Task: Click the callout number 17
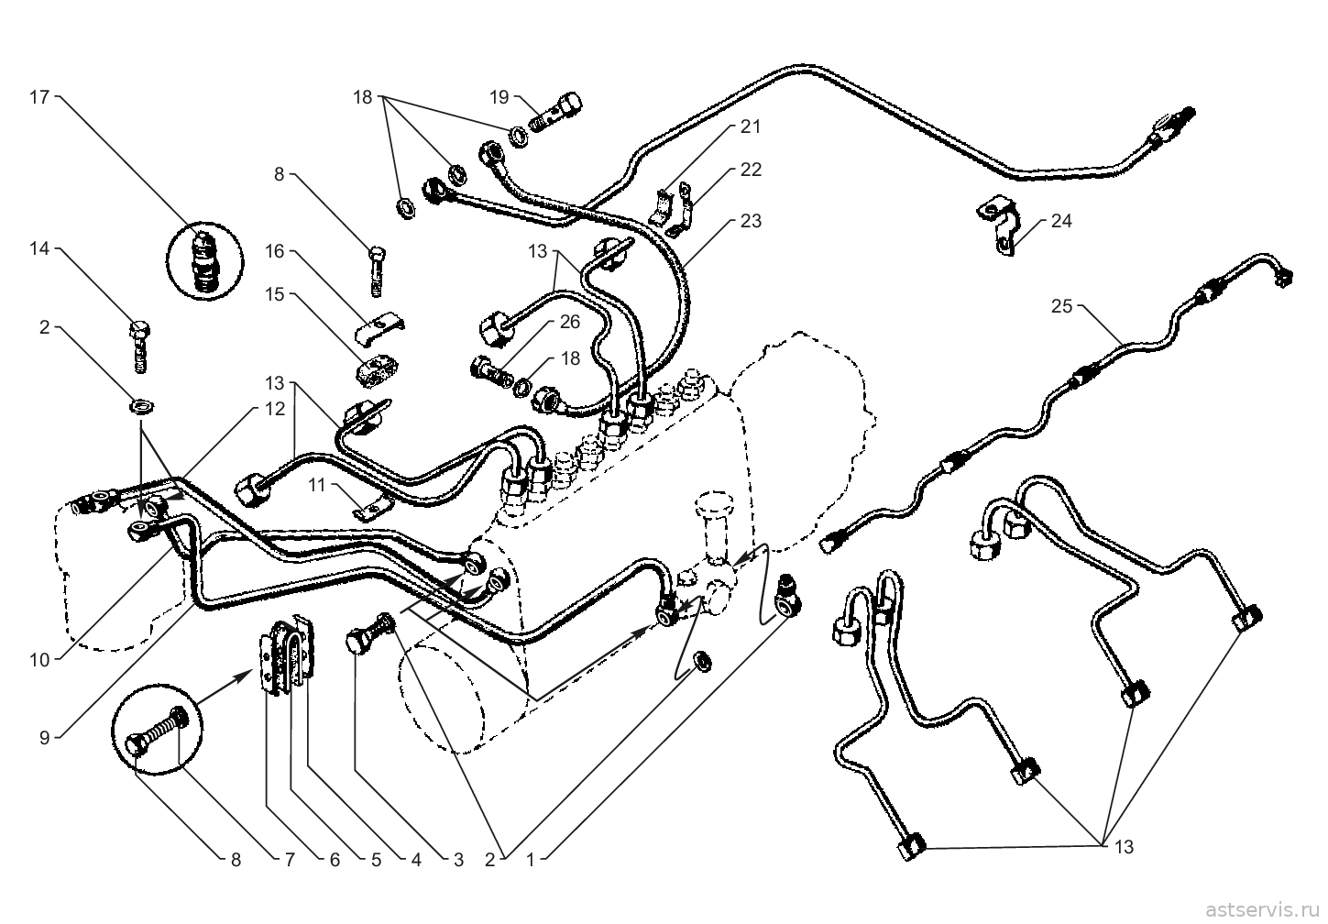pyautogui.click(x=39, y=96)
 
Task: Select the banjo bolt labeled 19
pyautogui.click(x=555, y=113)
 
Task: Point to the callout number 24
pyautogui.click(x=1061, y=221)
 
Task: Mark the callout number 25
pyautogui.click(x=1062, y=306)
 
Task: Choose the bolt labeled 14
pyautogui.click(x=139, y=346)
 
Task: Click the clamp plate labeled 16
pyautogui.click(x=380, y=328)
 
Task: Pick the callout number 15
pyautogui.click(x=275, y=294)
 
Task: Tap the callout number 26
pyautogui.click(x=570, y=322)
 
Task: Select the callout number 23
pyautogui.click(x=751, y=221)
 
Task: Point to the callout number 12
pyautogui.click(x=275, y=409)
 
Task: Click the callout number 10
pyautogui.click(x=39, y=660)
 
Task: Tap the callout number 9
pyautogui.click(x=45, y=738)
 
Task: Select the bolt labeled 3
pyautogui.click(x=370, y=634)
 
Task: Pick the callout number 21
pyautogui.click(x=750, y=126)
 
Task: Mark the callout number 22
pyautogui.click(x=751, y=170)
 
